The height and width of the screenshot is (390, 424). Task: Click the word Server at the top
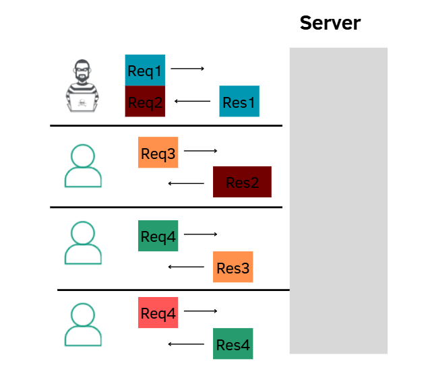[x=330, y=23]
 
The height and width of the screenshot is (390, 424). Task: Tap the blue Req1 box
[x=145, y=70]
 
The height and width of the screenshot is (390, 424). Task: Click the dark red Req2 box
[x=145, y=102]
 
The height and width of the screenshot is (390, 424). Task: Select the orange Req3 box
[x=158, y=152]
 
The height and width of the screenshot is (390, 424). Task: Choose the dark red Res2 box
[x=242, y=182]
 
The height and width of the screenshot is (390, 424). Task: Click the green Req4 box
[x=158, y=236]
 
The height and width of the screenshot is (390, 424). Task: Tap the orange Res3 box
[x=233, y=267]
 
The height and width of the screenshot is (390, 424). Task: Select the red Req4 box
[x=158, y=313]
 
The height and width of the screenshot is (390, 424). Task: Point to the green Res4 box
[x=233, y=344]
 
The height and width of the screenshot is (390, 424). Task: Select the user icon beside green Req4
[x=83, y=243]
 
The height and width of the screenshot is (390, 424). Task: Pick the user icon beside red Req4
[x=83, y=325]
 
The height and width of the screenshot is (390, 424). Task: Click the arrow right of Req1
[x=187, y=69]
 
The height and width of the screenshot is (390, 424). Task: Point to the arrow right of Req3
[x=201, y=152]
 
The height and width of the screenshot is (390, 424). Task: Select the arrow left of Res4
[x=186, y=344]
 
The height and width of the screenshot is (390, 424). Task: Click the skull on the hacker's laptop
[x=82, y=104]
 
